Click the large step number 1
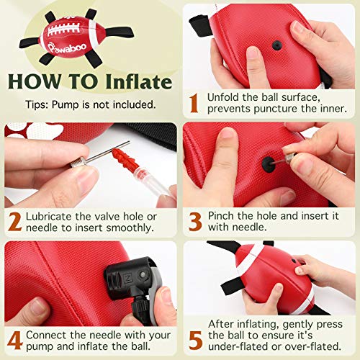pos(193,103)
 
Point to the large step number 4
pos(14,341)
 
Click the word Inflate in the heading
pos(138,81)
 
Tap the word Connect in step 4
pos(50,335)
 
